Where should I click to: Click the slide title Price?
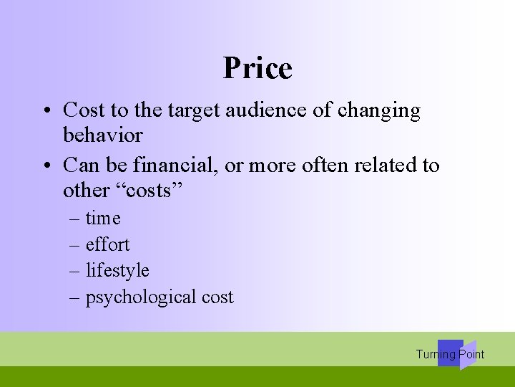tap(257, 68)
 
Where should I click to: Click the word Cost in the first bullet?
tap(84, 110)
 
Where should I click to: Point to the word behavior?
tap(102, 135)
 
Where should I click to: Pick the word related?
tap(382, 166)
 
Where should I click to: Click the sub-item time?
tap(103, 219)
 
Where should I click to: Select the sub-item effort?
tap(107, 245)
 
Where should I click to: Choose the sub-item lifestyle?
tap(117, 271)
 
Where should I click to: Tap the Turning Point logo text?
tap(450, 354)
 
